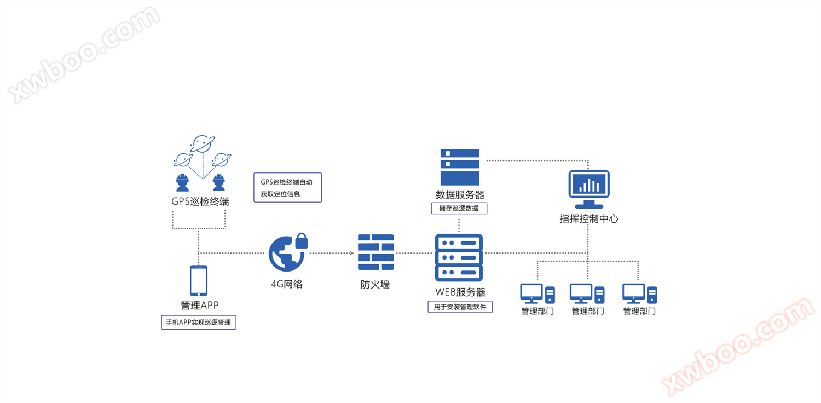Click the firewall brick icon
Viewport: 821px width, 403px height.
click(x=375, y=252)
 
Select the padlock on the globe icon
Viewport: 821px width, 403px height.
click(x=302, y=241)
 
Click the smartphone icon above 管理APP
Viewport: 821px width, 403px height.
click(x=199, y=281)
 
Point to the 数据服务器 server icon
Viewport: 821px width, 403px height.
click(x=460, y=167)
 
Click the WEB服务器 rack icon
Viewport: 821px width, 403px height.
click(x=459, y=258)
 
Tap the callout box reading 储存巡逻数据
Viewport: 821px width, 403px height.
click(x=459, y=208)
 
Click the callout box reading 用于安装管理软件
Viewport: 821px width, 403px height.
click(x=460, y=307)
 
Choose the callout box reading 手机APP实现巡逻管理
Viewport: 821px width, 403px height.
click(x=198, y=323)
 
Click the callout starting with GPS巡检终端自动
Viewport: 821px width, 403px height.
click(x=287, y=188)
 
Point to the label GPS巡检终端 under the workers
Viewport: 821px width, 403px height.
click(x=200, y=201)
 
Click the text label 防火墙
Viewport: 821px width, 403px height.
click(x=375, y=285)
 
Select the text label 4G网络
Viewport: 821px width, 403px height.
click(x=287, y=284)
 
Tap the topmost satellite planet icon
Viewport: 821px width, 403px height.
click(x=202, y=144)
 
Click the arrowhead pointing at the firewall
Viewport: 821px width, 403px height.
click(x=352, y=253)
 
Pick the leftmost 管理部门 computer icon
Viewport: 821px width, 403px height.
click(x=537, y=293)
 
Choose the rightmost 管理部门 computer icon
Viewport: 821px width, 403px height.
click(x=639, y=293)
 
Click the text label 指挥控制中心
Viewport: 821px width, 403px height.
click(x=589, y=218)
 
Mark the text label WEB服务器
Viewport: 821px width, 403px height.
click(x=460, y=292)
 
